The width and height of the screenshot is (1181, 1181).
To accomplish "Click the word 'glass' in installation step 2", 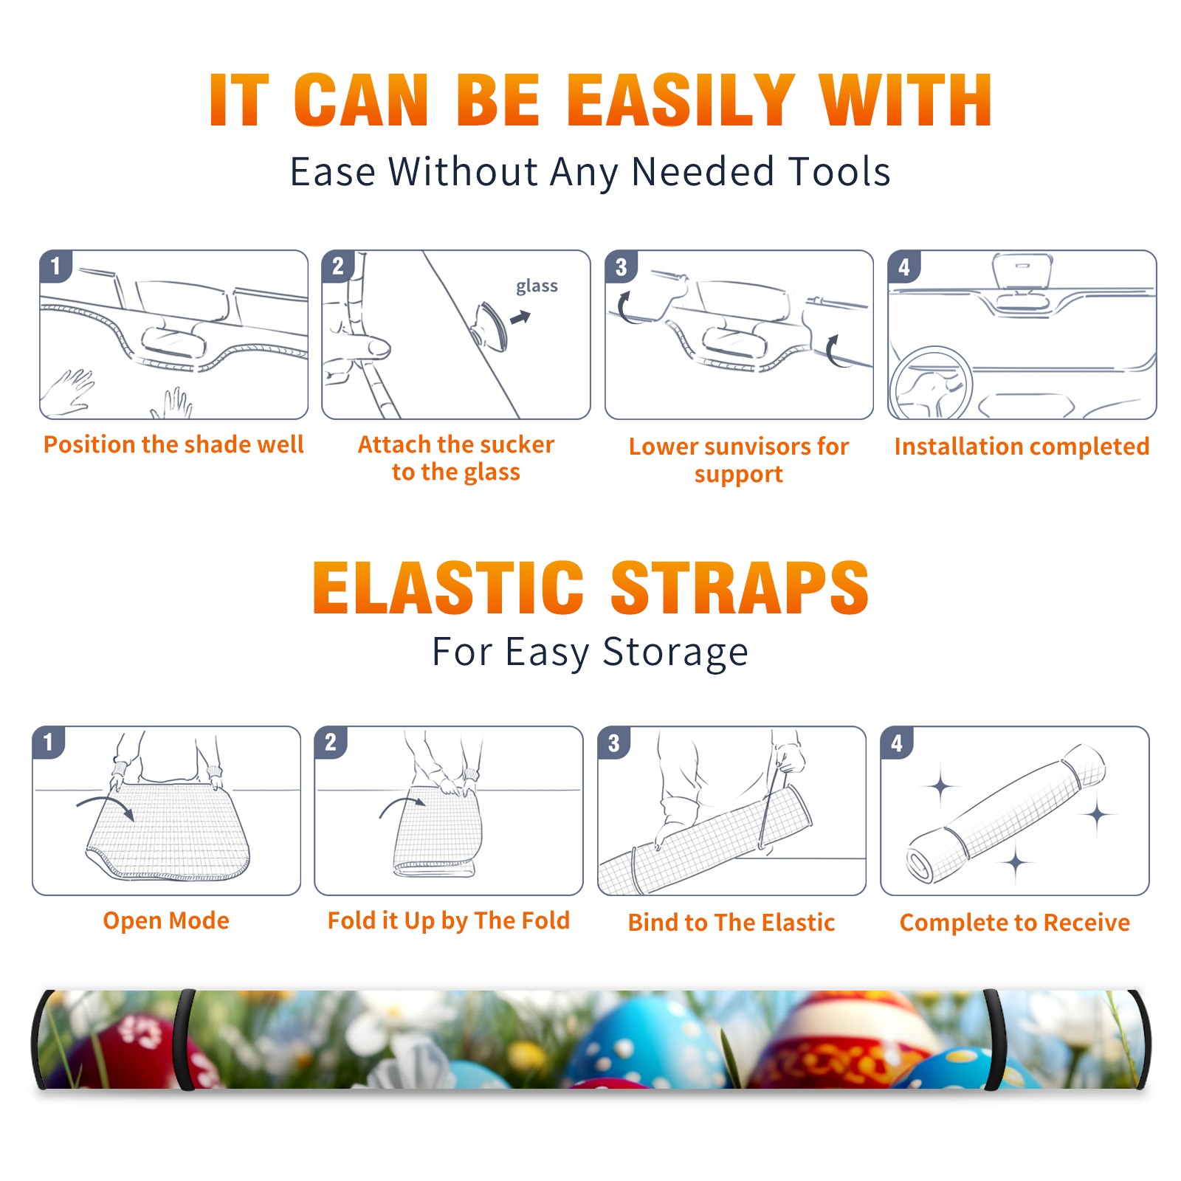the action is pyautogui.click(x=537, y=286).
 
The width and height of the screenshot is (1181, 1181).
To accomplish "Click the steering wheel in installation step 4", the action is pyautogui.click(x=931, y=384).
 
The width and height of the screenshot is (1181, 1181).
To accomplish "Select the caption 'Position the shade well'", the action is pyautogui.click(x=173, y=444).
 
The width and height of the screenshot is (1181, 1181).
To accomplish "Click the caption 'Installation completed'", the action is pyautogui.click(x=1022, y=447).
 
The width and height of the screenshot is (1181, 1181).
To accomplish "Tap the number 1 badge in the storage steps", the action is pyautogui.click(x=49, y=743).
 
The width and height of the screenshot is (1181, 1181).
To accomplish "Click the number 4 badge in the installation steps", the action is pyautogui.click(x=903, y=266).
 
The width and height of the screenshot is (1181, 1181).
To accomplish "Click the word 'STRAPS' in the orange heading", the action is pyautogui.click(x=740, y=588).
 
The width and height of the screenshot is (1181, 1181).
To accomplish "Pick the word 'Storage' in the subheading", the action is pyautogui.click(x=675, y=653).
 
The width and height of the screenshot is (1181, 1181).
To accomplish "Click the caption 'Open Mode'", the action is pyautogui.click(x=166, y=920).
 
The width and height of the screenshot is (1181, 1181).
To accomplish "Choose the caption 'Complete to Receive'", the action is pyautogui.click(x=1015, y=923).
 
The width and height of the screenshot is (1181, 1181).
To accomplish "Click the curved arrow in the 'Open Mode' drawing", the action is pyautogui.click(x=105, y=805).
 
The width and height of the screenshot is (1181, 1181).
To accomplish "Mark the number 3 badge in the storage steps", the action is pyautogui.click(x=614, y=743).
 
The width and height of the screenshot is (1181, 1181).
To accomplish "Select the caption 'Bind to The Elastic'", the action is pyautogui.click(x=731, y=923).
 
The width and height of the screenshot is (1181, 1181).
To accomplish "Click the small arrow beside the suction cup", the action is pyautogui.click(x=520, y=318).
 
